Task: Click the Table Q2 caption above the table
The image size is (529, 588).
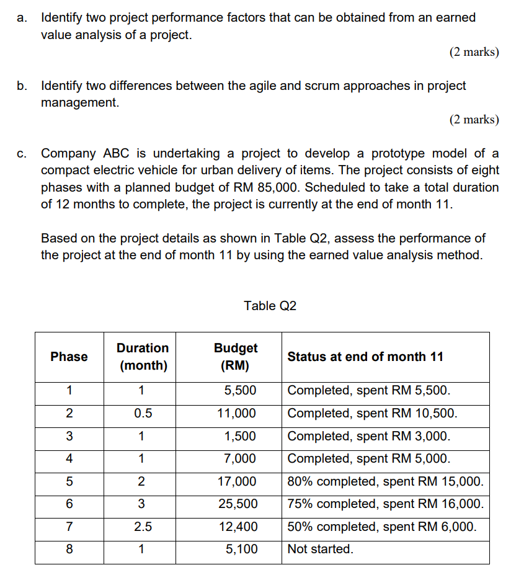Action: pyautogui.click(x=270, y=306)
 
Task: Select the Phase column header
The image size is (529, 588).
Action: pyautogui.click(x=69, y=357)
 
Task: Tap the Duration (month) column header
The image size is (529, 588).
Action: pyautogui.click(x=143, y=357)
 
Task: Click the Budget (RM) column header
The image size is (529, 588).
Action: pyautogui.click(x=235, y=357)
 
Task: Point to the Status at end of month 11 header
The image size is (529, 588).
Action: pyautogui.click(x=365, y=357)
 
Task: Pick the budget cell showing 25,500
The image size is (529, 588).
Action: pyautogui.click(x=237, y=504)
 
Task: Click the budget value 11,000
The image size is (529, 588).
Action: pyautogui.click(x=237, y=413)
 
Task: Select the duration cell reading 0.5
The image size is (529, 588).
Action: pyautogui.click(x=142, y=413)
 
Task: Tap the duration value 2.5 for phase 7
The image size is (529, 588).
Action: pyautogui.click(x=142, y=527)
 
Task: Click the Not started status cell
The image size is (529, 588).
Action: pyautogui.click(x=320, y=549)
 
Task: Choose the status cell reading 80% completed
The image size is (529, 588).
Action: pyautogui.click(x=385, y=481)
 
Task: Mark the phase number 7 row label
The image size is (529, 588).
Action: pyautogui.click(x=69, y=527)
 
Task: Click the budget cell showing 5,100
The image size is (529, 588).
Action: pyautogui.click(x=241, y=549)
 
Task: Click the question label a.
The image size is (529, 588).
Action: pyautogui.click(x=22, y=18)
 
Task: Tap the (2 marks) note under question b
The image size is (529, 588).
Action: pyautogui.click(x=474, y=120)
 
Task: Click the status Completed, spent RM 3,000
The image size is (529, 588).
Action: pyautogui.click(x=369, y=436)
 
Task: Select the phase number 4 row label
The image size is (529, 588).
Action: pyautogui.click(x=69, y=459)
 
